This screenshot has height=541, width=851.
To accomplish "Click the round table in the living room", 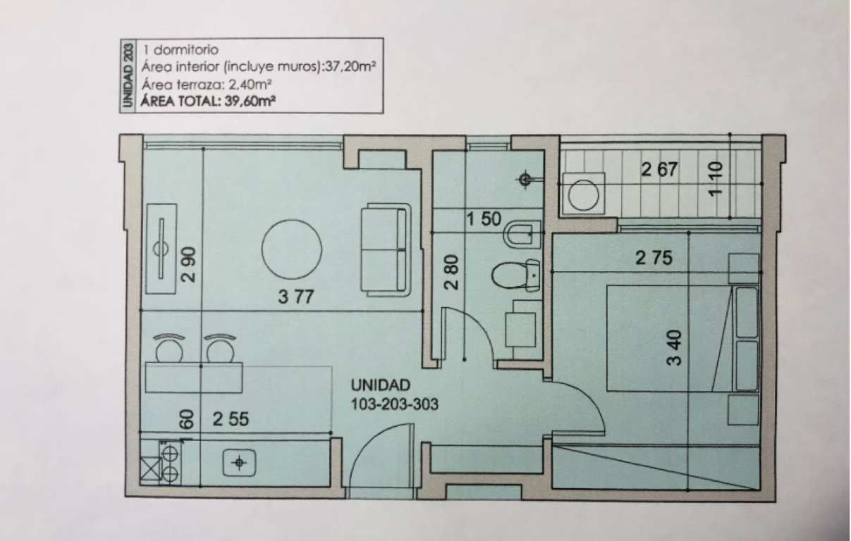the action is click(292, 249).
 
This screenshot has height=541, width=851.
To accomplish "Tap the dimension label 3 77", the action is click(296, 297).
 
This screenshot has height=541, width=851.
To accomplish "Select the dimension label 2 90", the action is click(189, 265).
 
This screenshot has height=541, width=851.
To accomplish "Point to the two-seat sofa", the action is click(386, 249).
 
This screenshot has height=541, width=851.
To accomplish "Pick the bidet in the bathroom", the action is click(522, 235).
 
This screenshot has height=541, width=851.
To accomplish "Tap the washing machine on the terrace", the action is click(583, 194).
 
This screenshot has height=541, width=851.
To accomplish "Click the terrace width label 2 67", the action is click(659, 169).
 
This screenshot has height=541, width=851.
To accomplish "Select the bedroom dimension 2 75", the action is click(654, 258).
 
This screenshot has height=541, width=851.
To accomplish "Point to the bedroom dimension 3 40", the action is click(675, 348).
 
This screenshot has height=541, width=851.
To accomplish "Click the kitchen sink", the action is click(239, 462).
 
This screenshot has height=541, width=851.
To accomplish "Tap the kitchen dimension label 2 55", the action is click(231, 419).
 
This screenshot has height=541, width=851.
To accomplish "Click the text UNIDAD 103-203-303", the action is click(394, 394).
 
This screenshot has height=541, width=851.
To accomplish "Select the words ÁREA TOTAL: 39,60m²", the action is click(208, 101).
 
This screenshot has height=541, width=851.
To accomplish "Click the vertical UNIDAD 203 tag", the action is click(128, 75).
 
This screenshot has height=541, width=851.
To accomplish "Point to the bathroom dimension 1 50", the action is click(484, 219).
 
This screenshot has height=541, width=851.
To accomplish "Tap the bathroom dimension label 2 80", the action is click(451, 272).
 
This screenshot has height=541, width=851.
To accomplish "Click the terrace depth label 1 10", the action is click(716, 178).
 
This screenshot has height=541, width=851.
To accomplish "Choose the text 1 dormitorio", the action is click(180, 50).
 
